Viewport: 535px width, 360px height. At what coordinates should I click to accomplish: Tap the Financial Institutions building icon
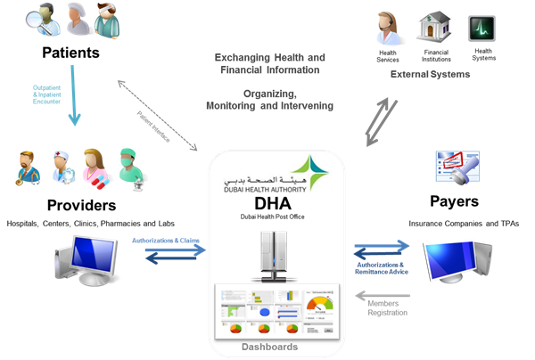click(x=435, y=29)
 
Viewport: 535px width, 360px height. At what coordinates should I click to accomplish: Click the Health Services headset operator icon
click(x=388, y=29)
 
